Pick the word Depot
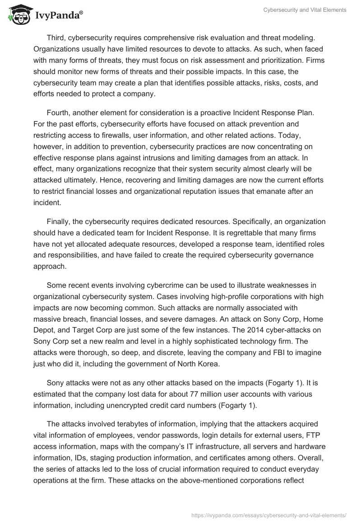coord(44,330)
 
